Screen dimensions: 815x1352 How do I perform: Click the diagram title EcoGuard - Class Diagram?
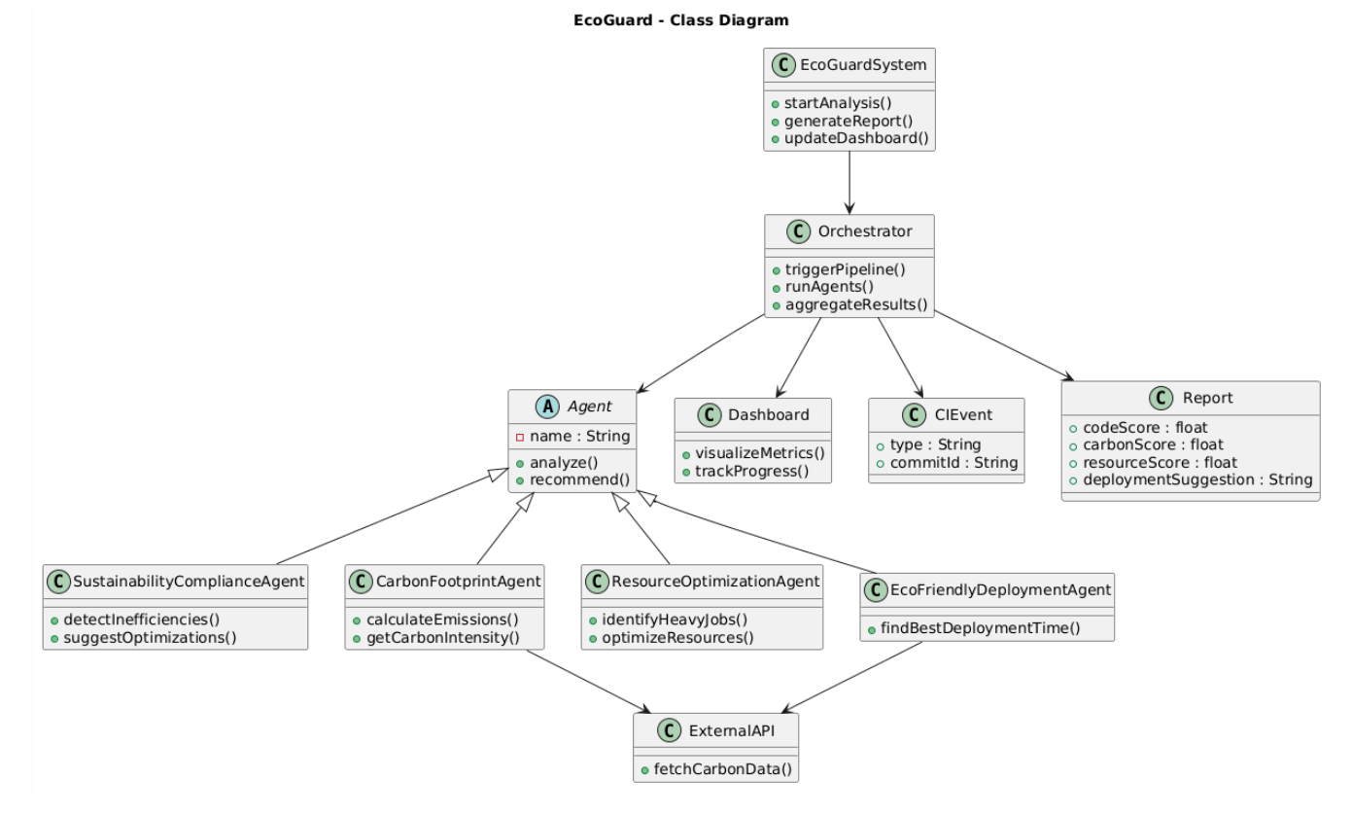point(680,19)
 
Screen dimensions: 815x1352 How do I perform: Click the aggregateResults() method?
point(855,304)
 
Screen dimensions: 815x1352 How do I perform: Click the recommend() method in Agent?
point(579,479)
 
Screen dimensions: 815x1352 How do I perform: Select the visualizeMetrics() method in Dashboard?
point(758,452)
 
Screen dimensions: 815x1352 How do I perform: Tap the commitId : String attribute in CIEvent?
point(953,463)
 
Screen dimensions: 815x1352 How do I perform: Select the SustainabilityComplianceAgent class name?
point(190,582)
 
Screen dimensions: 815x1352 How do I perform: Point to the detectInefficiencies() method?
point(141,620)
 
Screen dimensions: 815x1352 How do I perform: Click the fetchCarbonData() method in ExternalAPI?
point(722,769)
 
